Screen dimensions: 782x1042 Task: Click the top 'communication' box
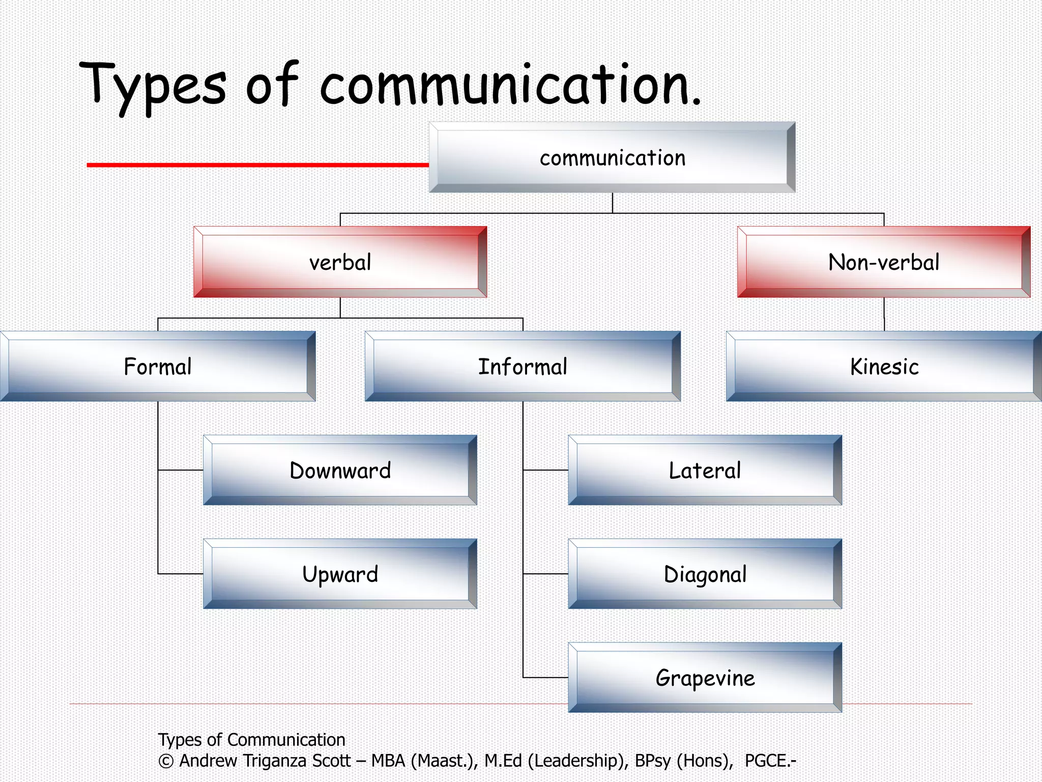[612, 157]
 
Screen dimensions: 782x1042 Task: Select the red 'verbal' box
[340, 262]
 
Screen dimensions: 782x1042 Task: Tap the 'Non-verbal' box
[884, 262]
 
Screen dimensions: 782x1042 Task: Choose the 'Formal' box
[158, 367]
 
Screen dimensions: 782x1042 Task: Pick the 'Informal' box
[523, 367]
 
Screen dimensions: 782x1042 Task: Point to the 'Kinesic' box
[884, 367]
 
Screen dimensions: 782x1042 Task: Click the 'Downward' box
[340, 470]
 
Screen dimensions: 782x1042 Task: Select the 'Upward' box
[340, 574]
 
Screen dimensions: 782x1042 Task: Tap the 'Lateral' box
[705, 470]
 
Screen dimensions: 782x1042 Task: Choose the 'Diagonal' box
[705, 574]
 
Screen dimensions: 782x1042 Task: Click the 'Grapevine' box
[705, 678]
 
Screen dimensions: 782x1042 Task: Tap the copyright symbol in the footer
[166, 761]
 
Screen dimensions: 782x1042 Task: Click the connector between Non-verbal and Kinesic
[884, 314]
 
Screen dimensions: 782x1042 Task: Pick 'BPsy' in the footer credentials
[653, 761]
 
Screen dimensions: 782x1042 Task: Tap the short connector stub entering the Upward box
[181, 574]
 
